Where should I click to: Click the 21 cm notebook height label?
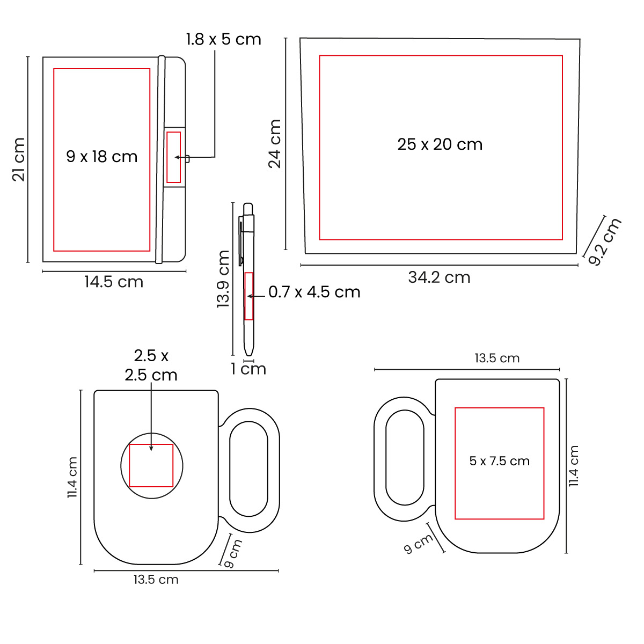(x=19, y=159)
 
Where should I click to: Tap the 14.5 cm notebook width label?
(x=114, y=282)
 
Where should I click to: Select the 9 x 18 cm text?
(x=102, y=157)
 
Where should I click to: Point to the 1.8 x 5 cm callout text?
(x=224, y=39)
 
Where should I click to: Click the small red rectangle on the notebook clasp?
(x=174, y=157)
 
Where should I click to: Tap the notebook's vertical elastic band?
(x=160, y=159)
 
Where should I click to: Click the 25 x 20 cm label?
(x=440, y=144)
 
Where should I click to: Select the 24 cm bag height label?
(x=275, y=144)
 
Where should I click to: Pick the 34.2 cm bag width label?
(x=439, y=277)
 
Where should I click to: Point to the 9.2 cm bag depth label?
(x=604, y=241)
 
